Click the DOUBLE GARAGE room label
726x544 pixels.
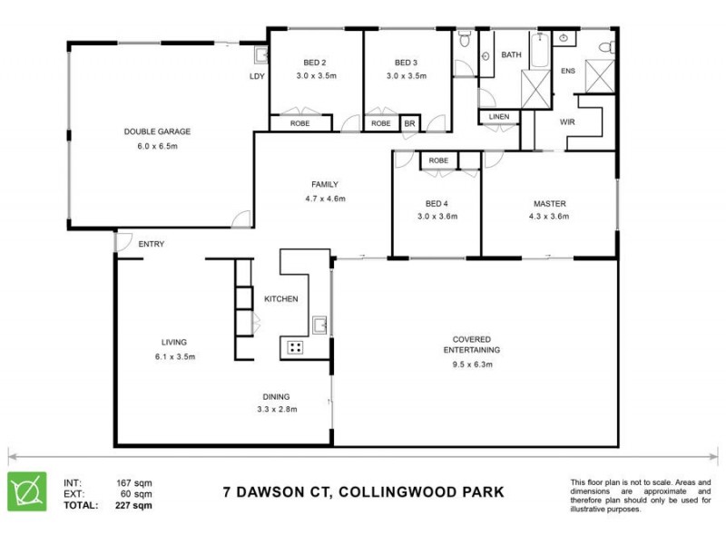coord(157,131)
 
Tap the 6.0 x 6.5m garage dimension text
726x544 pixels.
coord(157,146)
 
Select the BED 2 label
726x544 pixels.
coord(315,63)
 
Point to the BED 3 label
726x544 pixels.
coord(407,63)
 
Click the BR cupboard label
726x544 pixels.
coord(409,123)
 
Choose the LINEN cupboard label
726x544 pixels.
coord(499,117)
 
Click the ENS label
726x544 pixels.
coord(569,71)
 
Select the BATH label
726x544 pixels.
coord(512,55)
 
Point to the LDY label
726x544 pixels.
coord(257,76)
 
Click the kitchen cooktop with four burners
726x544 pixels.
coord(295,346)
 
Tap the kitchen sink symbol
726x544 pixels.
coord(320,325)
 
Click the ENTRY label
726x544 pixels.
coord(151,244)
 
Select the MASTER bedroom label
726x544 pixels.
coord(549,204)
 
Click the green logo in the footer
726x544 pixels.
coord(27,491)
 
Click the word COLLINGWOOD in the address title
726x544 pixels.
coord(376,493)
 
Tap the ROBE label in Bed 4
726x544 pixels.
coord(438,160)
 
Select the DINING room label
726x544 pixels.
coord(277,396)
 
